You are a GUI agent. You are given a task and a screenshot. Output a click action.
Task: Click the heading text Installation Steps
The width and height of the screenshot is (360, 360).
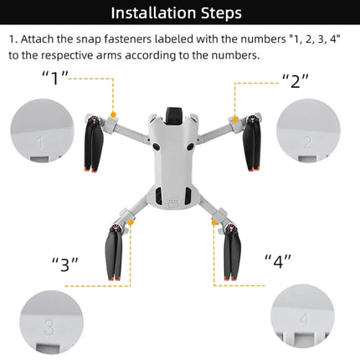click(177, 13)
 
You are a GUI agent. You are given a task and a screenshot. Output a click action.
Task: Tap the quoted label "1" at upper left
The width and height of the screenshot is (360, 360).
click(55, 78)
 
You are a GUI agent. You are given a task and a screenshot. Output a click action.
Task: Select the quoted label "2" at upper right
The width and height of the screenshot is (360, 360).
click(295, 81)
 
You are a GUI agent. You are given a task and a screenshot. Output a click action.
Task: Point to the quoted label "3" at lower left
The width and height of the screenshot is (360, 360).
click(64, 264)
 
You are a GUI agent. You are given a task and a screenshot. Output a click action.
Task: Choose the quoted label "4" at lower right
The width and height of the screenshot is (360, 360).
click(277, 260)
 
